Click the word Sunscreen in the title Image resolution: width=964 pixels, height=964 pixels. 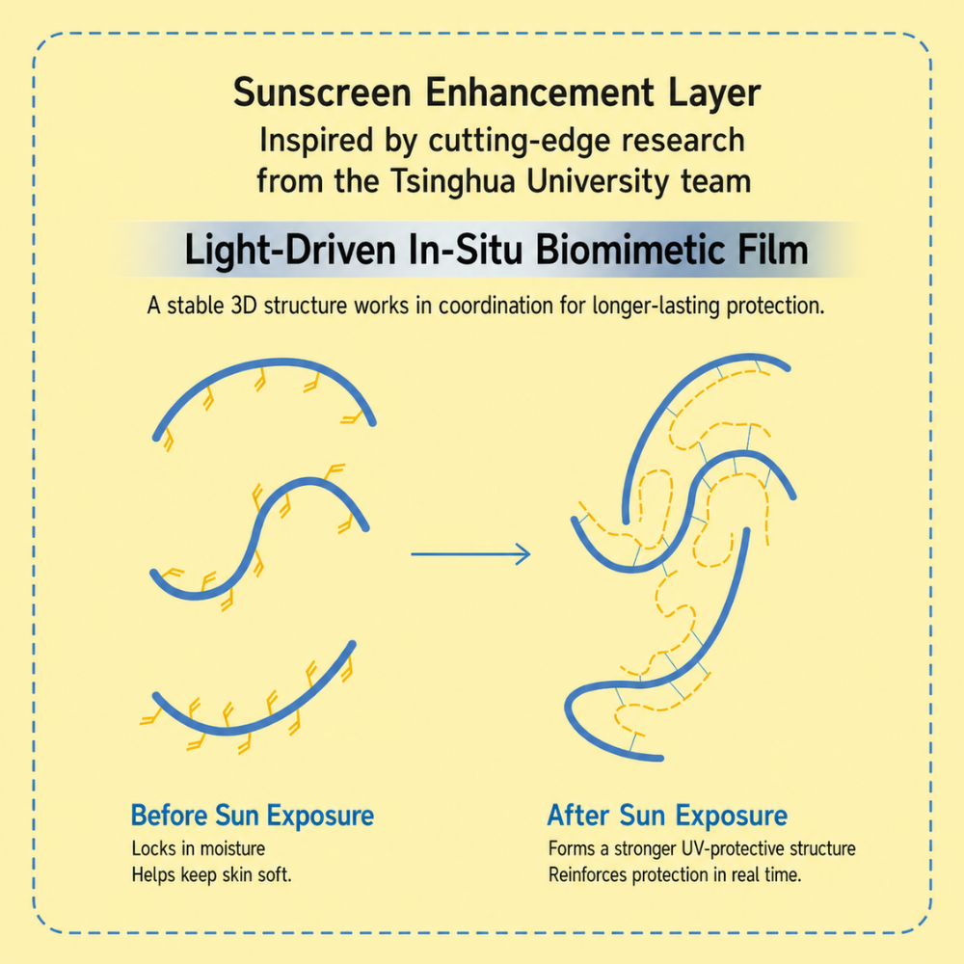pos(322,93)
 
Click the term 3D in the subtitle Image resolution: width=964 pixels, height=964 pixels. pos(244,305)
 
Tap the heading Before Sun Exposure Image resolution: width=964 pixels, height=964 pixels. pos(253,816)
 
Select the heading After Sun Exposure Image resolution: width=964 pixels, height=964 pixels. pos(667,816)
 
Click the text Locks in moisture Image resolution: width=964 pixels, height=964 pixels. pos(199,848)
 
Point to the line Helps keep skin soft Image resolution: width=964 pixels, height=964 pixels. pos(211,874)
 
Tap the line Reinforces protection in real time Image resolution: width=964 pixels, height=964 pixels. pos(675,875)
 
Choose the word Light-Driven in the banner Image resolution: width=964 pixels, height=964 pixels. pos(290,252)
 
